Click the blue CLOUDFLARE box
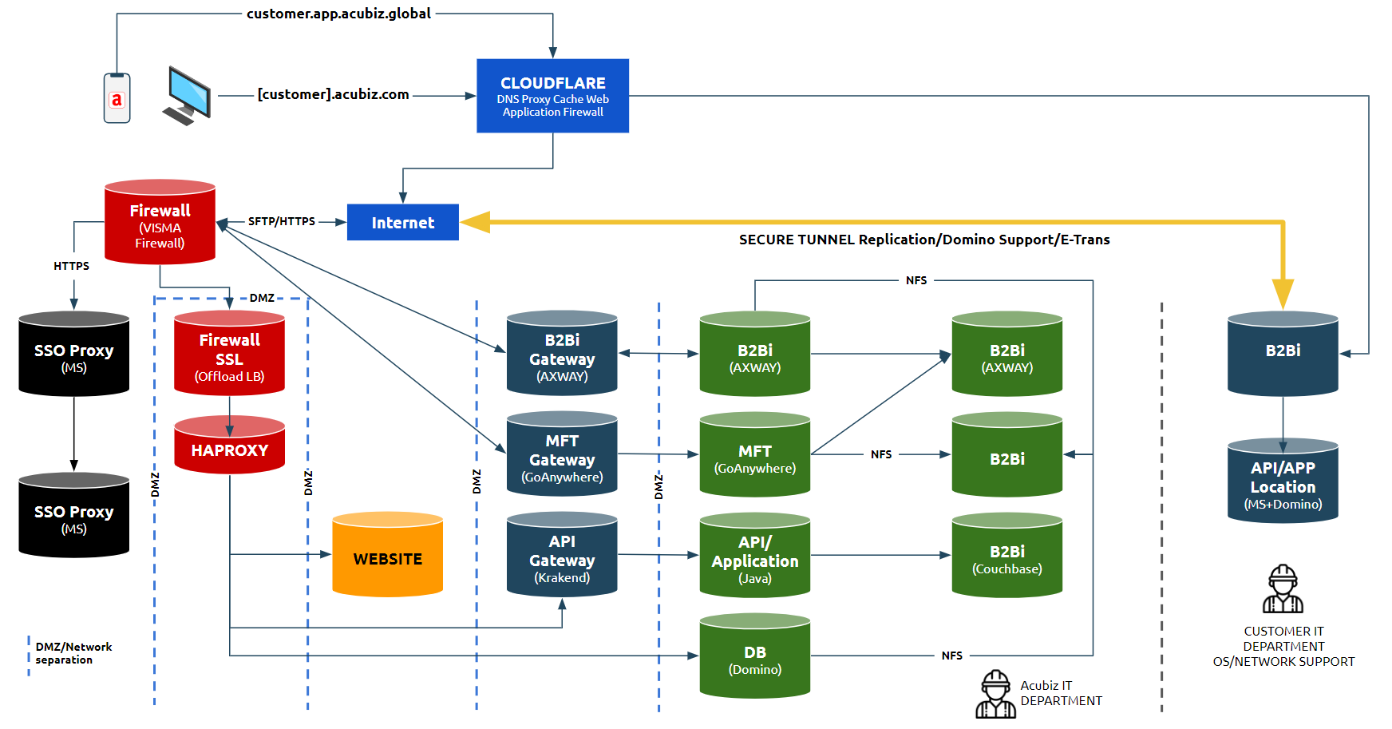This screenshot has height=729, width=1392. [552, 96]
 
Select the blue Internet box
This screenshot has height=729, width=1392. [402, 222]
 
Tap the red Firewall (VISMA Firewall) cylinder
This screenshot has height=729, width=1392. [160, 223]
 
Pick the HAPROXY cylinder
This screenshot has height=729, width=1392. [229, 447]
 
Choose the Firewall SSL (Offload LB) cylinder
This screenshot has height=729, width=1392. [229, 355]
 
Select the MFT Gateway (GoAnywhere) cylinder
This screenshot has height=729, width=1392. [562, 456]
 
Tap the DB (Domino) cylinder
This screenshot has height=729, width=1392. [754, 658]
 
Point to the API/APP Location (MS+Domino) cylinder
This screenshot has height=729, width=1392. [1282, 483]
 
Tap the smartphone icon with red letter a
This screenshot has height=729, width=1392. [117, 98]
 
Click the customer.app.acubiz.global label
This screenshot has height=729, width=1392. [338, 14]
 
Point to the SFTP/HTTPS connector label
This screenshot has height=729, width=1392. [281, 221]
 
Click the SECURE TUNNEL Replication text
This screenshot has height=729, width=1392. [923, 240]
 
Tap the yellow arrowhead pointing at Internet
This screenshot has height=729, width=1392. [476, 222]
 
